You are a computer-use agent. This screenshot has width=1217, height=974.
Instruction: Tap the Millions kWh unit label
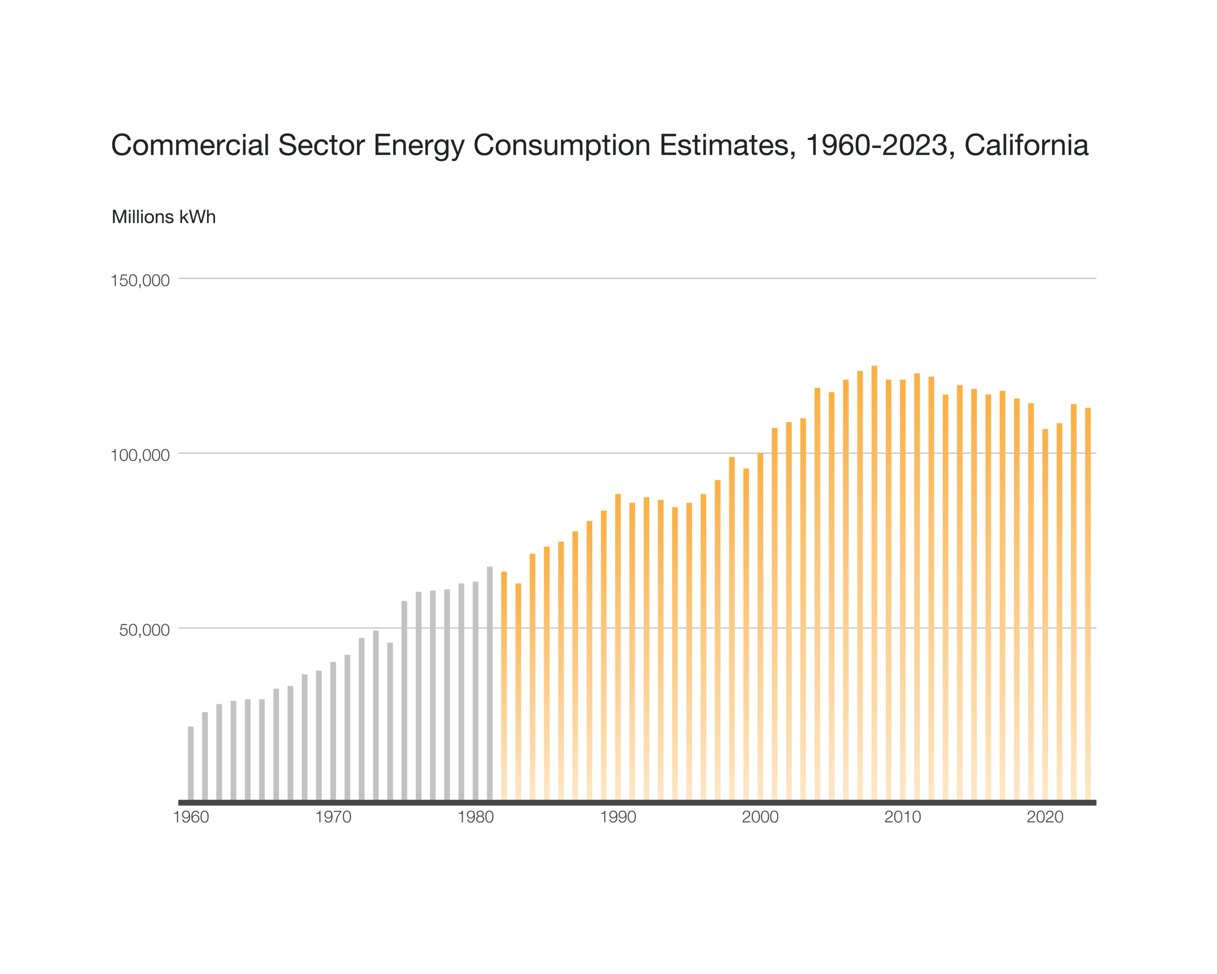point(164,217)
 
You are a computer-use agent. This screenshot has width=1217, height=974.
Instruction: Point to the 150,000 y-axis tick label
point(140,280)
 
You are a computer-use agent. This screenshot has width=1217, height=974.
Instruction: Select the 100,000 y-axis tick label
point(140,455)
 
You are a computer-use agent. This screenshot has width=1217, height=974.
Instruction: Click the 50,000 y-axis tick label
point(145,630)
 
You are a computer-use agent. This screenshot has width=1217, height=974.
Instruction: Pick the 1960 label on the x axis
point(191,817)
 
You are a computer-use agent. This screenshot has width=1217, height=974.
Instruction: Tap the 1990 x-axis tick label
point(618,817)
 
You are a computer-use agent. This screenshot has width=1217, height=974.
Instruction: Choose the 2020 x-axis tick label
point(1045,817)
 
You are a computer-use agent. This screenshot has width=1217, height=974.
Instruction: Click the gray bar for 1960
point(191,763)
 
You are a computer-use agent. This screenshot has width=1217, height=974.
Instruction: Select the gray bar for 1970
point(333,730)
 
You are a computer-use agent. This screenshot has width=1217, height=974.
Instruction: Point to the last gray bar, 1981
point(489,683)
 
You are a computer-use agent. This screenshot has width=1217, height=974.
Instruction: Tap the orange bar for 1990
point(618,647)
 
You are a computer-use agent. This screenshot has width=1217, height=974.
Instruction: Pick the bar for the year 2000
point(760,627)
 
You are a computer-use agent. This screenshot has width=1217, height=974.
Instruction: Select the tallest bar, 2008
point(874,583)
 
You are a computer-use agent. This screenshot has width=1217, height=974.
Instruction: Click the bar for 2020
point(1045,614)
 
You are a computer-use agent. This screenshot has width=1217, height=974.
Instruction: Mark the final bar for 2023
point(1088,604)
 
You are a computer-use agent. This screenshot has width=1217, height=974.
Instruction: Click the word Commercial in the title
point(190,145)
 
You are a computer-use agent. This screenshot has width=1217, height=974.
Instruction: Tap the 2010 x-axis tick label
point(903,817)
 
